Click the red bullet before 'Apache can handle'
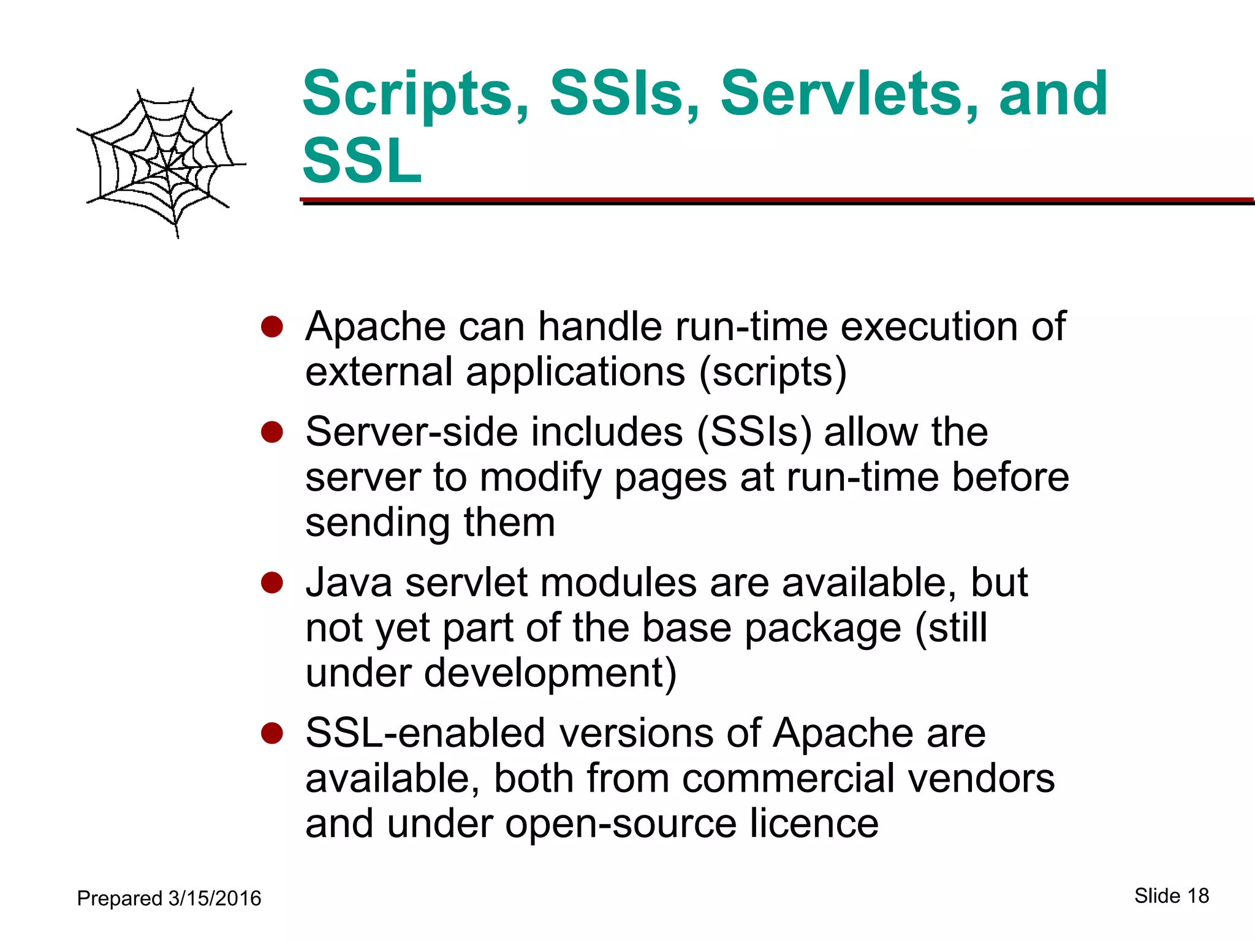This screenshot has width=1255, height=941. (271, 327)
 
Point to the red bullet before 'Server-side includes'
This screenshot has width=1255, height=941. (271, 433)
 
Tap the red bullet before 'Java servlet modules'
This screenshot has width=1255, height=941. (271, 583)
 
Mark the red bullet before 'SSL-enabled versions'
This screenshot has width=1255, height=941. (271, 733)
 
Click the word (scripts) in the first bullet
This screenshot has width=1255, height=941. (773, 372)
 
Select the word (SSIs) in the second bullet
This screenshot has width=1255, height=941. (754, 433)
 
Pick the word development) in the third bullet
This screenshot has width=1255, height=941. (550, 673)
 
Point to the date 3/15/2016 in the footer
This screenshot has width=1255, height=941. (214, 899)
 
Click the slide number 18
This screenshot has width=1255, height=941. (1198, 896)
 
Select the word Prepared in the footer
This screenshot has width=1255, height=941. (119, 899)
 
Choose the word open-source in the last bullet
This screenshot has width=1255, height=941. (621, 825)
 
